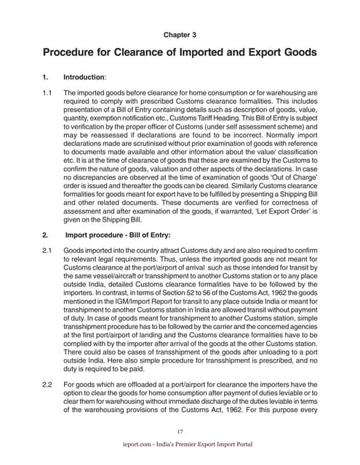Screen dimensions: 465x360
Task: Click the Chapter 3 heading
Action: (x=180, y=33)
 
